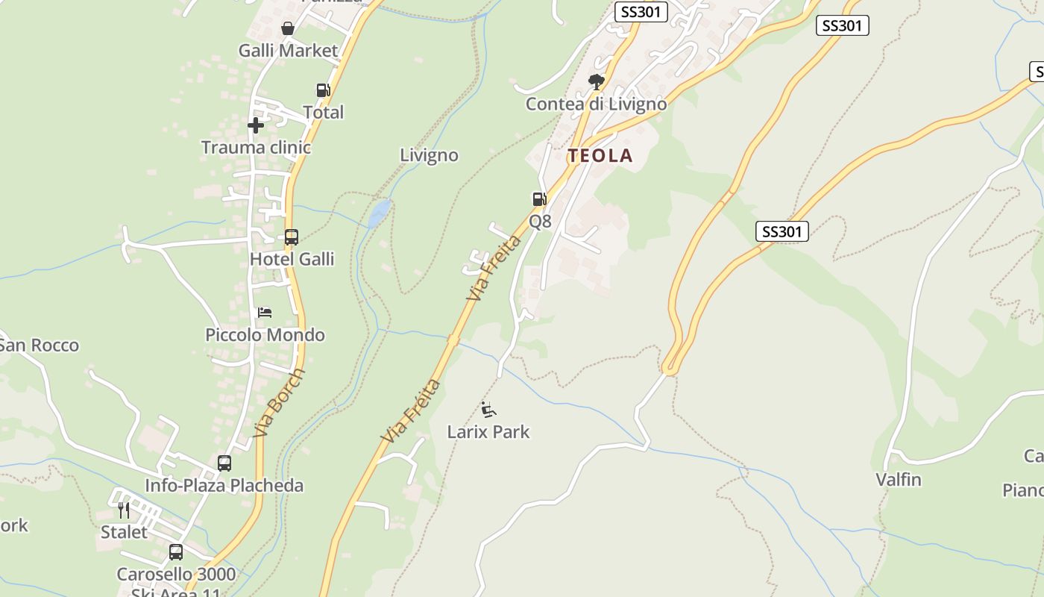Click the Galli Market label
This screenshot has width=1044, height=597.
288,51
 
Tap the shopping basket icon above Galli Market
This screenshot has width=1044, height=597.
288,29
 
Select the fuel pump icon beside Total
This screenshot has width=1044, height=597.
323,90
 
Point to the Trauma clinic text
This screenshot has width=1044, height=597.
256,148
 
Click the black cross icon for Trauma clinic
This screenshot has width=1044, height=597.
256,125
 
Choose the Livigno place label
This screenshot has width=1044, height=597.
429,155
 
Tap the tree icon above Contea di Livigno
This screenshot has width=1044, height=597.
596,81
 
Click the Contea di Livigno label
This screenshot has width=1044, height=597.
596,104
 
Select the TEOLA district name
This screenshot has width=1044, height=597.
600,156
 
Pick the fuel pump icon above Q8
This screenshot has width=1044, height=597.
539,199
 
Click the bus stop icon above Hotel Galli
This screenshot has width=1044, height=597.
292,237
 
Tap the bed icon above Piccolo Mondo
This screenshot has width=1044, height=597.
265,313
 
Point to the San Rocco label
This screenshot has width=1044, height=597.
39,346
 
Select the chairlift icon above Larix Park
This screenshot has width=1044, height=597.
488,409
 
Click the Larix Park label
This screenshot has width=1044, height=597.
488,431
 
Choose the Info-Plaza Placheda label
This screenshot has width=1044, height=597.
224,486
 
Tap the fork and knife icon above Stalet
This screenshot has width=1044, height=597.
124,510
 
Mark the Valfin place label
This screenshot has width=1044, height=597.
899,480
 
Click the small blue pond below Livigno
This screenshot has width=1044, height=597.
379,213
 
